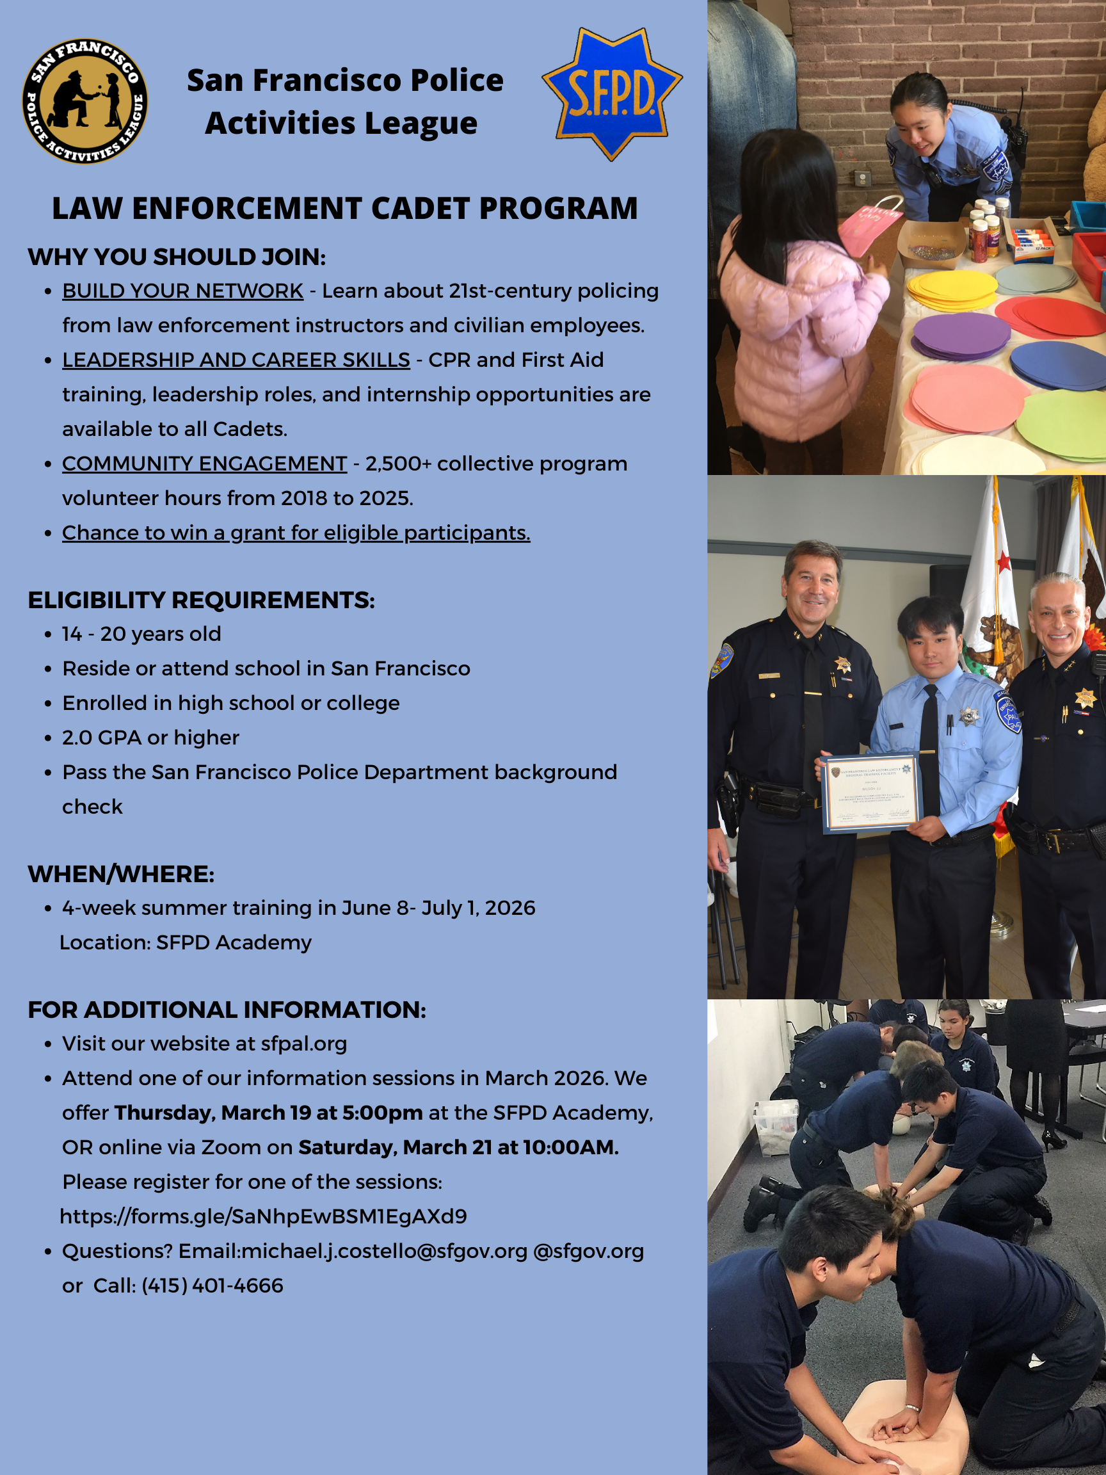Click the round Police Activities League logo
pos(84,101)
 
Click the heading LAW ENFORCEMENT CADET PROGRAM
pos(345,208)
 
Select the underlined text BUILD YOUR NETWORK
pos(182,291)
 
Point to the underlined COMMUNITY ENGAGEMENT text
pos(205,463)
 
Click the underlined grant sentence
pos(296,533)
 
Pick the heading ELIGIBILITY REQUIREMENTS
pos(201,600)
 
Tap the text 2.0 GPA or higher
pos(150,737)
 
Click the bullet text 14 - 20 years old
pos(141,634)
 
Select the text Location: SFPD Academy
pos(186,942)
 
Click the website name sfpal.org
pos(304,1044)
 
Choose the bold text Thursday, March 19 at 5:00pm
pos(269,1113)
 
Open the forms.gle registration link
pos(263,1216)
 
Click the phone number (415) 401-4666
pos(212,1286)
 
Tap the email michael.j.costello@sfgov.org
pos(385,1251)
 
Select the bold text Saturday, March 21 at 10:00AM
pos(458,1147)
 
